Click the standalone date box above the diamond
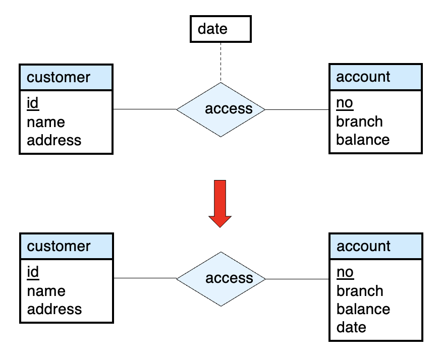pyautogui.click(x=221, y=29)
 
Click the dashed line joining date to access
pyautogui.click(x=221, y=62)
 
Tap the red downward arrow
pyautogui.click(x=220, y=204)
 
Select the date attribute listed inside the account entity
pyautogui.click(x=351, y=327)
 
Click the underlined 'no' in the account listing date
pyautogui.click(x=345, y=272)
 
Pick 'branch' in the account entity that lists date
pyautogui.click(x=360, y=291)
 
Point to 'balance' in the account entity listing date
pyautogui.click(x=363, y=309)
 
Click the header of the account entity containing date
pyautogui.click(x=376, y=246)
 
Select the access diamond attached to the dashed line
pyautogui.click(x=221, y=109)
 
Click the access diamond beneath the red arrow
pyautogui.click(x=221, y=279)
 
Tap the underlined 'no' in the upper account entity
pyautogui.click(x=345, y=103)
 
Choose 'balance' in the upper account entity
pyautogui.click(x=363, y=140)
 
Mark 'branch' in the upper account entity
pyautogui.click(x=359, y=122)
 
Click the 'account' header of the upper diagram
pyautogui.click(x=375, y=77)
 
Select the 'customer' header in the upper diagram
pyautogui.click(x=66, y=77)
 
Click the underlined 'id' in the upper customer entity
pyautogui.click(x=33, y=103)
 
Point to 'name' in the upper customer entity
pyautogui.click(x=46, y=122)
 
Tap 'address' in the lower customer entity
pyautogui.click(x=54, y=309)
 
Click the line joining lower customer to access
pyautogui.click(x=145, y=278)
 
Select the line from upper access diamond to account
pyautogui.click(x=297, y=109)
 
